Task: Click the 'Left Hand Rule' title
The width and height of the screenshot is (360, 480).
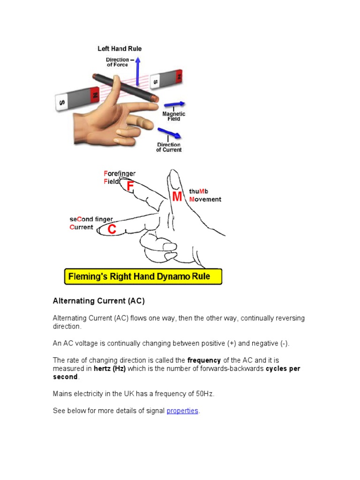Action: pos(119,49)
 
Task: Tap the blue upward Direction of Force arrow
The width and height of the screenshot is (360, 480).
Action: pos(137,70)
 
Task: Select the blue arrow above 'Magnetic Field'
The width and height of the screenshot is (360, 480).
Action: pos(174,105)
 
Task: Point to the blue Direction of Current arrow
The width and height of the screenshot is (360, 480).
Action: pos(169,133)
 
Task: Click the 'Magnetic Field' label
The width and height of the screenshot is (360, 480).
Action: pos(173,116)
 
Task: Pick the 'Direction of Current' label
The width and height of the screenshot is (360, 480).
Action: pos(169,147)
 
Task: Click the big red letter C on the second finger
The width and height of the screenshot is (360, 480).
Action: pos(112,229)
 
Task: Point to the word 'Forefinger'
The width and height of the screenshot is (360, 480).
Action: pos(120,174)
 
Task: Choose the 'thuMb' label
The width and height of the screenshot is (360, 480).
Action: pos(198,191)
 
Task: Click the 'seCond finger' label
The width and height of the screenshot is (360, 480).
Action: pos(91,219)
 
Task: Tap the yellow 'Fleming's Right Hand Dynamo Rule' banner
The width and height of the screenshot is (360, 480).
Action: pos(143,277)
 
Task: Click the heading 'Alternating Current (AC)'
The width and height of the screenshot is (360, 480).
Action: pos(98,301)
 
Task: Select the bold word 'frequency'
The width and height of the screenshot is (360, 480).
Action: pos(204,360)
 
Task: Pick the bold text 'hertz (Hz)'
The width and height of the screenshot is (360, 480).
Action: pos(110,369)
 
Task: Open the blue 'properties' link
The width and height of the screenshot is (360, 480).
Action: pos(182,411)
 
